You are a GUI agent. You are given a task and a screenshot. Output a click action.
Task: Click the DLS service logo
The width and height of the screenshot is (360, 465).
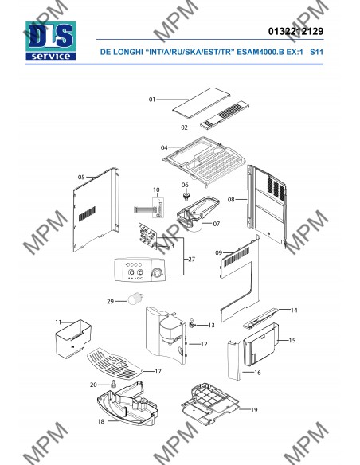(x=51, y=41)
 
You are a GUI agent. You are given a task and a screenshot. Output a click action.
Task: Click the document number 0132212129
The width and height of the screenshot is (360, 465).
(x=295, y=31)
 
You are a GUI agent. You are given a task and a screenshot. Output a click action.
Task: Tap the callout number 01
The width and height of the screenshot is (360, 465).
(x=152, y=100)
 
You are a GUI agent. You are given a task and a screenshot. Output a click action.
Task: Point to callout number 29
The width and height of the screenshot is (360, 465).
(x=111, y=301)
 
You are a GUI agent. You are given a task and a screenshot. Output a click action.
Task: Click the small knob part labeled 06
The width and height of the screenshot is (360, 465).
(x=186, y=197)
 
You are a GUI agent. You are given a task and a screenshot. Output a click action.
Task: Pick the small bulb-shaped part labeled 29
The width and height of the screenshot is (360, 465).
(x=135, y=298)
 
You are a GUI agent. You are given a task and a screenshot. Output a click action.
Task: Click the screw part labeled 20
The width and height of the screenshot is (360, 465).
(x=113, y=384)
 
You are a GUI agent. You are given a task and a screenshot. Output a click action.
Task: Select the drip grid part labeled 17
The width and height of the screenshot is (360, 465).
(x=115, y=364)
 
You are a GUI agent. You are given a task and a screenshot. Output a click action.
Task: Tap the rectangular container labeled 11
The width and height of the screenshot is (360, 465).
(x=73, y=338)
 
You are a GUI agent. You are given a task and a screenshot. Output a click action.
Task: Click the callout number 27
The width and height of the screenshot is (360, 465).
(x=192, y=260)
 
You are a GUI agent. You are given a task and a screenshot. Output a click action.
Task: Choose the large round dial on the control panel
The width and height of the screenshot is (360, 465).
(x=157, y=273)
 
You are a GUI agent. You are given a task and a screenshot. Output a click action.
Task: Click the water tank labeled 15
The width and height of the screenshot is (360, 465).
(x=260, y=344)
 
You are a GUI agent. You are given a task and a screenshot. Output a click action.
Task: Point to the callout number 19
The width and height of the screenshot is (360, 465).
(x=254, y=410)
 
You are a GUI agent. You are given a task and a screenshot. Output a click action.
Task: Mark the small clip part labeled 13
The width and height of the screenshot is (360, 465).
(x=192, y=323)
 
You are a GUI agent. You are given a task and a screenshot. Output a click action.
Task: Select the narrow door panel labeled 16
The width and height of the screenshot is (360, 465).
(x=235, y=360)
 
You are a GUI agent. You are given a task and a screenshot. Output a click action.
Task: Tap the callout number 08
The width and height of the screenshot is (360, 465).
(x=231, y=200)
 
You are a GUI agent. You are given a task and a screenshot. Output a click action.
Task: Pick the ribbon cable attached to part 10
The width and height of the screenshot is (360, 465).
(x=143, y=209)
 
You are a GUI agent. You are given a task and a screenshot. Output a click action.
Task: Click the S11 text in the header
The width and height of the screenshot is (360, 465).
(x=316, y=52)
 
